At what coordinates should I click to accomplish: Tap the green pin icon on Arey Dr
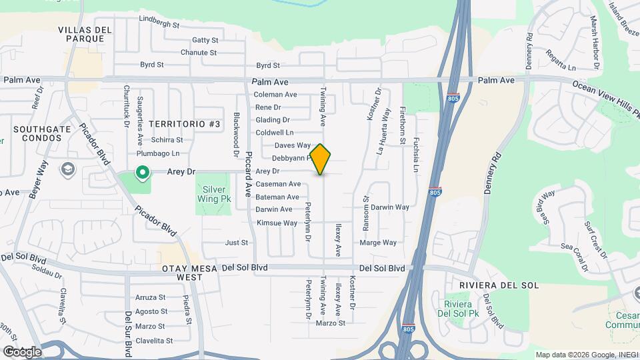(x=141, y=173)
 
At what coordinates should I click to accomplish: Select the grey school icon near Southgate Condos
(x=67, y=169)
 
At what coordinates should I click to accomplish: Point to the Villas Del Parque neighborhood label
(x=81, y=34)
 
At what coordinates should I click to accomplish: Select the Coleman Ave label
(x=275, y=95)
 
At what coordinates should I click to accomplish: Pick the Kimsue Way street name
(x=277, y=223)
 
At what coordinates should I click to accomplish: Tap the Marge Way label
(x=378, y=243)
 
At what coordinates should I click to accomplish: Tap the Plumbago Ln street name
(x=158, y=153)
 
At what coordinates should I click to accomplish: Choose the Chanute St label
(x=199, y=53)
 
